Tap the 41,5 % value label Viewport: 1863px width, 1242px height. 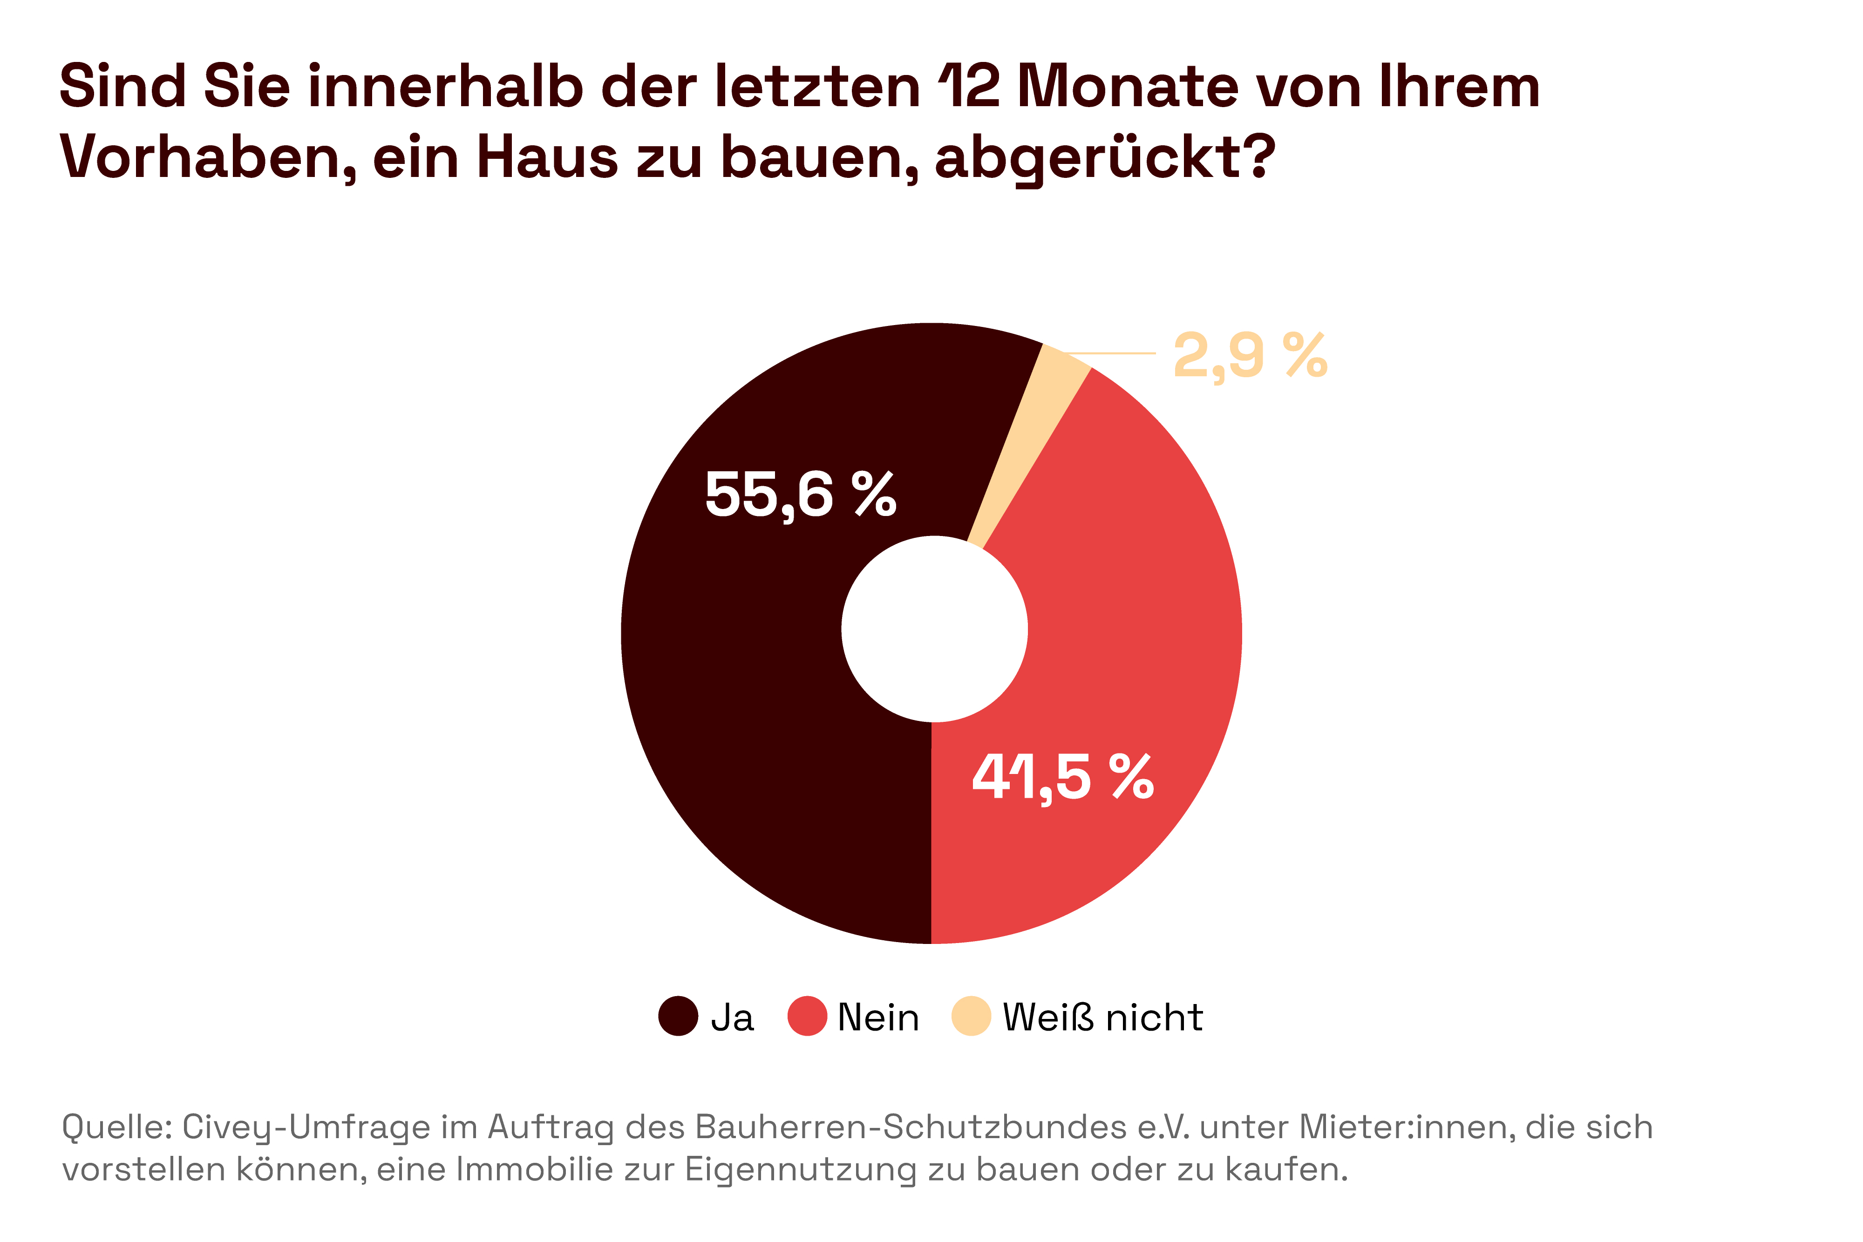click(1063, 777)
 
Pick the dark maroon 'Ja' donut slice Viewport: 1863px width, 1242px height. click(753, 673)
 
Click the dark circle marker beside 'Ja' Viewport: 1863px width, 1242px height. click(678, 1016)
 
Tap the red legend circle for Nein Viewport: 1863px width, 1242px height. click(807, 1016)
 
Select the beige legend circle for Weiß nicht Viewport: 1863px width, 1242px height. click(971, 1016)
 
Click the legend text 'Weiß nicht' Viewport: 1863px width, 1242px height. click(1102, 1018)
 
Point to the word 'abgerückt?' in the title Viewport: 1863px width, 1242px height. click(1105, 158)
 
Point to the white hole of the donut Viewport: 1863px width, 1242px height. click(935, 630)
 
